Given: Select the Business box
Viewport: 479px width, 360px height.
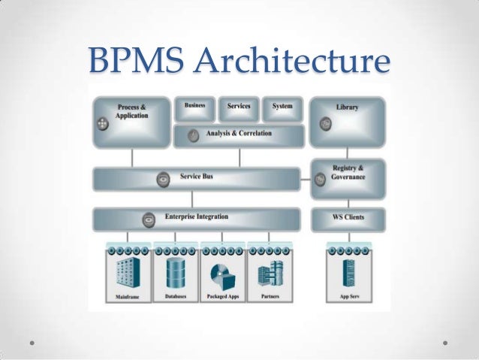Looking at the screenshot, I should (x=195, y=109).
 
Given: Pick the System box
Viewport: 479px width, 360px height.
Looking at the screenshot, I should (x=282, y=109).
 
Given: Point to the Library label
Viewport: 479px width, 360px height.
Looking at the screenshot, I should (x=347, y=107).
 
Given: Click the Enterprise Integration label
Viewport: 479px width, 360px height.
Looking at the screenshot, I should (x=197, y=218).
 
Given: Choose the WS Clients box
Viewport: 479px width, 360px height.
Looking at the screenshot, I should (x=348, y=219).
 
